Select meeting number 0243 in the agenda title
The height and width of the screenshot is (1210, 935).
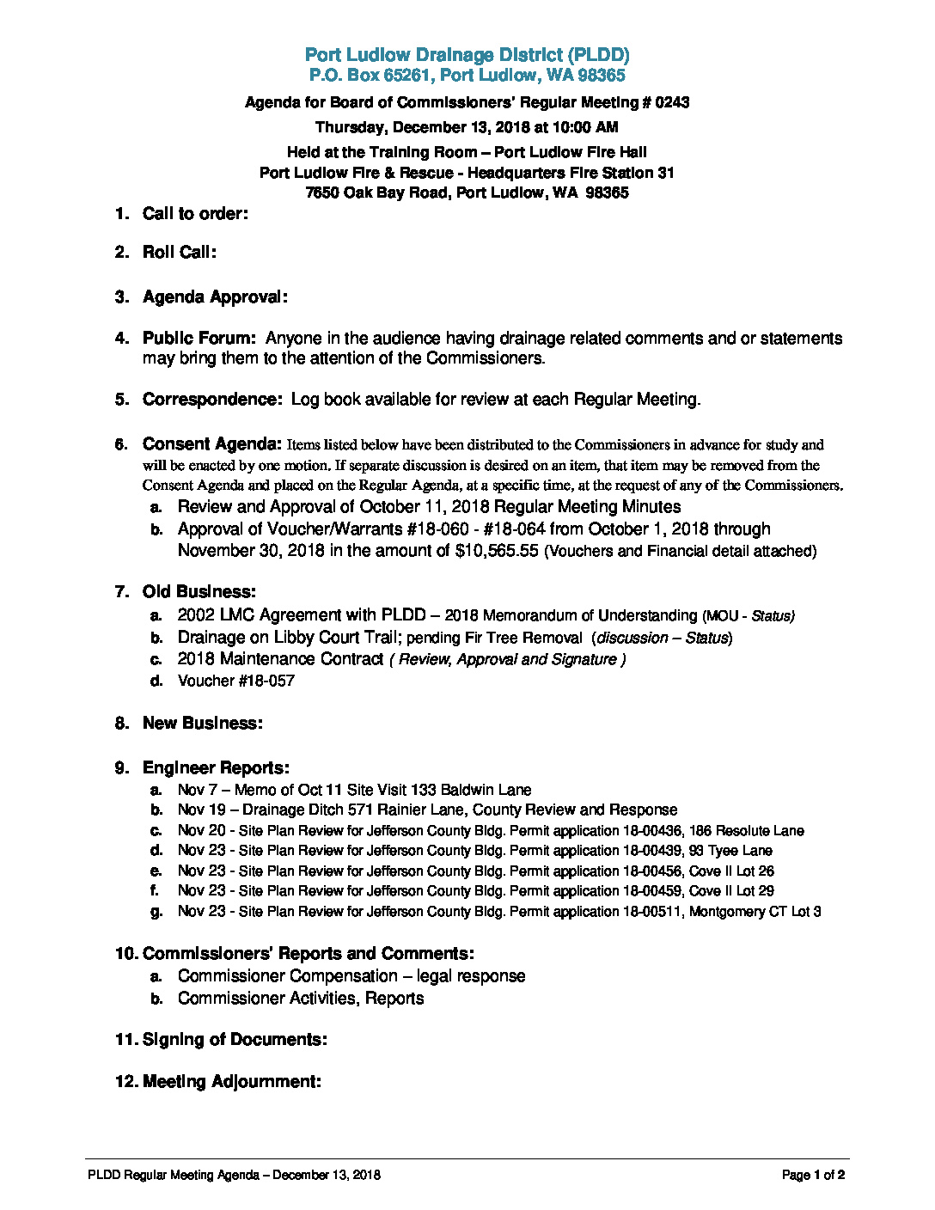coord(672,102)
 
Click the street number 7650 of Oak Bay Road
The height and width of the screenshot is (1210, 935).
coord(322,192)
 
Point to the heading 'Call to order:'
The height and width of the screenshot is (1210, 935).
coord(195,214)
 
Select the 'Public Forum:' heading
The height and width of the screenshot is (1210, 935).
coord(199,339)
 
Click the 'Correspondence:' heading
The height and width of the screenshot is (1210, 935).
coord(212,400)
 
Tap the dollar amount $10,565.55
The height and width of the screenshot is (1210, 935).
coord(496,551)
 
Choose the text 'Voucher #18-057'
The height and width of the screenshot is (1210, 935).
coord(235,681)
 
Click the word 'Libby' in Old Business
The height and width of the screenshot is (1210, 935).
coord(294,638)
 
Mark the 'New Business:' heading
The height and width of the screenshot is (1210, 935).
coord(202,724)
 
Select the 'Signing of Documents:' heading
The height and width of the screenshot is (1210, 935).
coord(235,1040)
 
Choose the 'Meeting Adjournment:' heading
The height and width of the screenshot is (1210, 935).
coord(232,1082)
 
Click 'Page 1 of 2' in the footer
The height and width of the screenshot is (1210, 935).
coord(813,1176)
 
